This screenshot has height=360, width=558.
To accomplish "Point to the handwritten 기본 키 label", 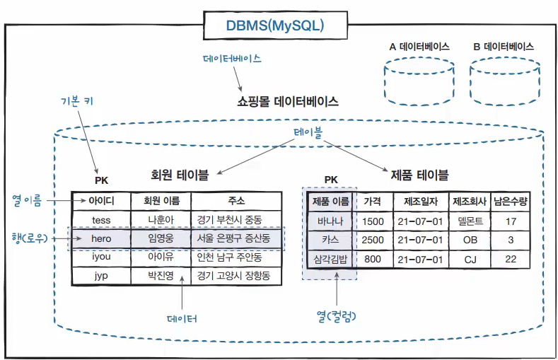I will click(77, 100).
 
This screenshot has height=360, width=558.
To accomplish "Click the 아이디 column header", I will click(100, 201).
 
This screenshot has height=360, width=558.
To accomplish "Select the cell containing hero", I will click(100, 238).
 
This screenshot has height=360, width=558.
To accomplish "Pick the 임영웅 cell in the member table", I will click(161, 238).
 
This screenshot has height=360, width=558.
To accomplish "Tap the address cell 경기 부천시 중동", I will click(230, 220).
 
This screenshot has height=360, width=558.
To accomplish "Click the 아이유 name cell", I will click(161, 257).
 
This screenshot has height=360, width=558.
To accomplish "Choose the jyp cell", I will click(100, 275).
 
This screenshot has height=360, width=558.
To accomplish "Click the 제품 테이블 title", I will click(419, 175).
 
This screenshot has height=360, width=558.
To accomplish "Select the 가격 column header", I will click(373, 202).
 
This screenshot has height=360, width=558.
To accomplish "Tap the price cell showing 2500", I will click(373, 240).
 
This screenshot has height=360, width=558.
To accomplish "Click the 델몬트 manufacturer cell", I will click(470, 221).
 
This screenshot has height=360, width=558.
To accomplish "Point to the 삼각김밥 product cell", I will click(330, 259).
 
